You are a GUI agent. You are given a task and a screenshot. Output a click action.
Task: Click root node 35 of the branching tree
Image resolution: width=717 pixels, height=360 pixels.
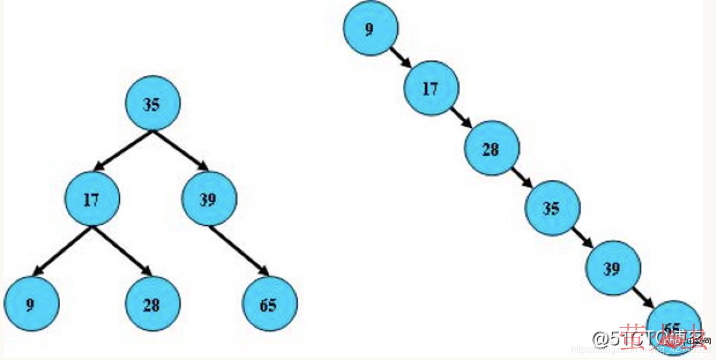pos(152,104)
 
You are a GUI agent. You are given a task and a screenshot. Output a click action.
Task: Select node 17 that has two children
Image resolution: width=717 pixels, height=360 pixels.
pos(91,200)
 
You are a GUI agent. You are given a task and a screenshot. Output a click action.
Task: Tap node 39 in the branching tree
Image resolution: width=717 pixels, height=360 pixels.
pos(208,200)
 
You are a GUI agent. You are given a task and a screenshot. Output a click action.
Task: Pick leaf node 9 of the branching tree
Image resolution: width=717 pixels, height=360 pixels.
pos(31,304)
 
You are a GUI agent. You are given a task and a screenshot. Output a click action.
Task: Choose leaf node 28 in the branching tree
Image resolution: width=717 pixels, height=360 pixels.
pos(152,304)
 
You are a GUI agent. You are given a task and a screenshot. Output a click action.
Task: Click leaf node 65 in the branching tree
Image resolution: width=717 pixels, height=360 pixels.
pos(269,304)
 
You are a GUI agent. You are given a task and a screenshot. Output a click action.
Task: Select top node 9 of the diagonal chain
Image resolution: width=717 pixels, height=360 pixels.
pos(370,28)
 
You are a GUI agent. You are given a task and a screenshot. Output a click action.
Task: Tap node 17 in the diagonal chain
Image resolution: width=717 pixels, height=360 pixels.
pos(431,89)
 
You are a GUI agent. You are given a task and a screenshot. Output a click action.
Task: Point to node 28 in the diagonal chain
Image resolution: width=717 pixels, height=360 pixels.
pos(491,149)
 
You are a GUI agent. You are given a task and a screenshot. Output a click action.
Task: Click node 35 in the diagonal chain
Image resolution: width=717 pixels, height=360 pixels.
pos(552,208)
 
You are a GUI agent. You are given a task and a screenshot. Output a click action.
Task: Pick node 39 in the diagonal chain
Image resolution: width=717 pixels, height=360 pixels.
pos(613,268)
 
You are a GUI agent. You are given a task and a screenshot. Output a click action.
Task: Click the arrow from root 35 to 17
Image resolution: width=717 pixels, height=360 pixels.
pos(123,151)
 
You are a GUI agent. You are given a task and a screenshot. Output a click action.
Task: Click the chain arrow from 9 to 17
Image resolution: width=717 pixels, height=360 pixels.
pos(401,58)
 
